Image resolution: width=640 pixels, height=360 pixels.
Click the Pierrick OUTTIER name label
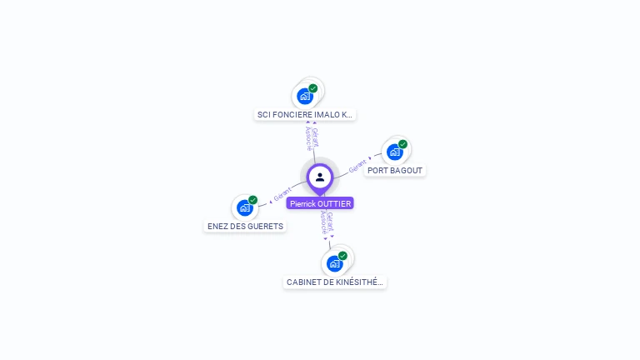click(x=320, y=203)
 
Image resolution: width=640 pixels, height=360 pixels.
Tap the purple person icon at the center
click(x=320, y=177)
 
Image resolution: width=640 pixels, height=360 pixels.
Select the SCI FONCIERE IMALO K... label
click(x=305, y=115)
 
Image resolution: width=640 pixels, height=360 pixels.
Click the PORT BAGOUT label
click(x=395, y=171)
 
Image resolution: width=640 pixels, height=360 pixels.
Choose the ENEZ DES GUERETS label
click(x=245, y=226)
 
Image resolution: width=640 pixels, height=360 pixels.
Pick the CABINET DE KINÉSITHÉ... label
click(x=335, y=282)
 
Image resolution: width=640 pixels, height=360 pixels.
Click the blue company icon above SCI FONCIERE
click(x=305, y=96)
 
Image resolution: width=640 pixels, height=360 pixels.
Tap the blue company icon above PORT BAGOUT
click(x=395, y=152)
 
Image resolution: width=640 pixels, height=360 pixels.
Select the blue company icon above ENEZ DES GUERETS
click(x=245, y=207)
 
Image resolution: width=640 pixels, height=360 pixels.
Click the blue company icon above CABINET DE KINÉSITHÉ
click(x=335, y=263)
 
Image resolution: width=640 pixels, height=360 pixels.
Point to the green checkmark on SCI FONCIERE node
click(x=313, y=88)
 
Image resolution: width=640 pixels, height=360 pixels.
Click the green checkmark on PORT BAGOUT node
click(x=402, y=144)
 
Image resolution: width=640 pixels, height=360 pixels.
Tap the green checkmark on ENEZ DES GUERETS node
click(x=253, y=200)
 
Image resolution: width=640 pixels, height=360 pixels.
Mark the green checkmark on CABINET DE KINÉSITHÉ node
click(x=342, y=256)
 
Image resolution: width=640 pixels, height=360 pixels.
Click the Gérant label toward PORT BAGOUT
click(x=358, y=164)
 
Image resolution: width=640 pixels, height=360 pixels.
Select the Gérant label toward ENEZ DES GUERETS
click(x=282, y=194)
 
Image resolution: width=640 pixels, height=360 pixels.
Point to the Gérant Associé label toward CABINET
click(x=328, y=223)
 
